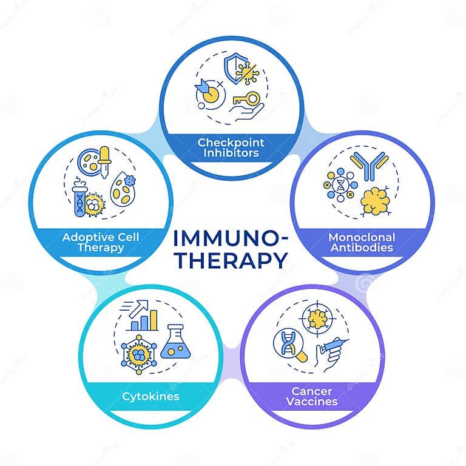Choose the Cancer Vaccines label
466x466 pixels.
pos(313,396)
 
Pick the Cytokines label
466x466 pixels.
pos(150,397)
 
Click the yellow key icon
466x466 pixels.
pos(245,99)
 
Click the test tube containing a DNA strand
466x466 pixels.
pos(78,199)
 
